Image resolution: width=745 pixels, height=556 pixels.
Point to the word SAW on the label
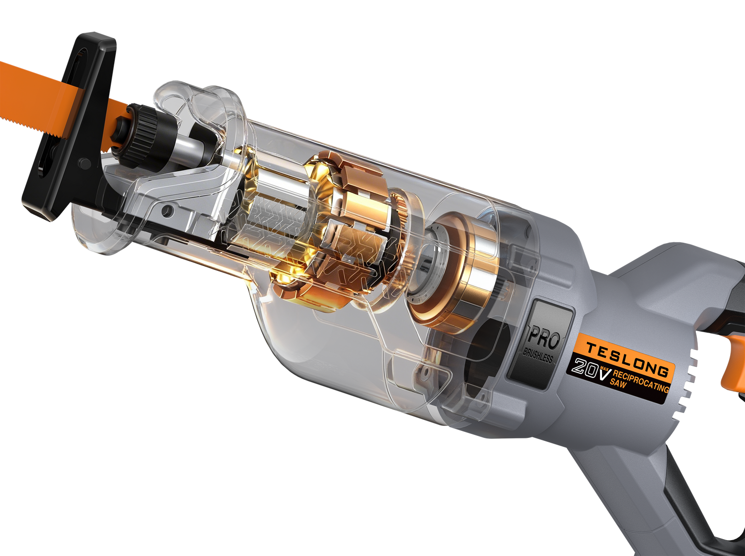tap(618, 383)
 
